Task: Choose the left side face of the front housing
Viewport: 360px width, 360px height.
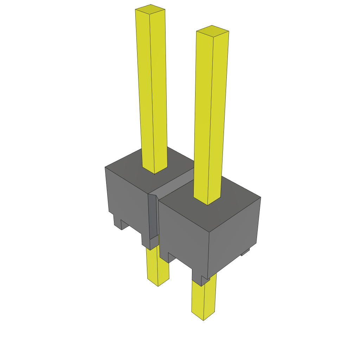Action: pos(183,232)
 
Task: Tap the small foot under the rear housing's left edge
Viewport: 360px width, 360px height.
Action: pos(117,221)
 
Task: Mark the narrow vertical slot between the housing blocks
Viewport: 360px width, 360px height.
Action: pos(153,218)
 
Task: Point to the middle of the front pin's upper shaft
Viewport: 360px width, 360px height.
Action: pos(211,116)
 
